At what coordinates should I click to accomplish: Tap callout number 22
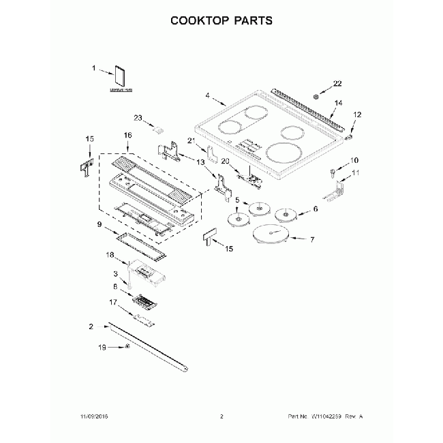click(337, 84)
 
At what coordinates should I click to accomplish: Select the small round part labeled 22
click(316, 97)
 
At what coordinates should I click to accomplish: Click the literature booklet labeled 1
click(122, 78)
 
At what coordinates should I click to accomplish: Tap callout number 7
click(311, 240)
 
